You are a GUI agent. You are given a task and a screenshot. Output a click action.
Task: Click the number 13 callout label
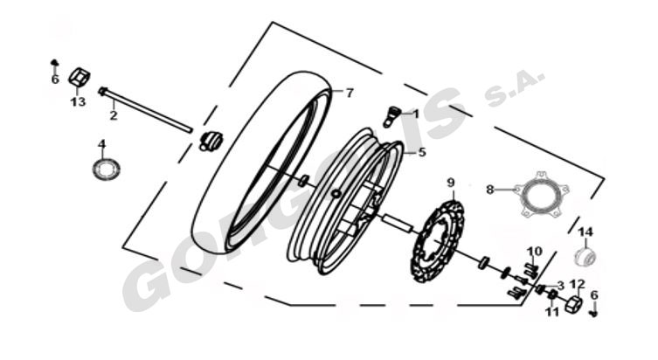(78, 101)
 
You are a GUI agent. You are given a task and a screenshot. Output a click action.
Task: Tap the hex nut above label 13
(80, 77)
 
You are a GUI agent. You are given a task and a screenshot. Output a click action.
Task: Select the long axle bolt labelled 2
(146, 110)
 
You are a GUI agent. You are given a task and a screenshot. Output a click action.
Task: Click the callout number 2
(114, 115)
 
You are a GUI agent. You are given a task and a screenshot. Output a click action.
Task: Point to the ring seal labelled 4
(106, 170)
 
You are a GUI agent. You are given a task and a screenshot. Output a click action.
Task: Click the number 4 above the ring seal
(102, 144)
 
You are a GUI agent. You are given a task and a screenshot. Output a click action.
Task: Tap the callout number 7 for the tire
(350, 93)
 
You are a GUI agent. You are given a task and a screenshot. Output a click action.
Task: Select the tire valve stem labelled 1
(392, 116)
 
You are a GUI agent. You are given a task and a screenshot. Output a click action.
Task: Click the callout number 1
(416, 114)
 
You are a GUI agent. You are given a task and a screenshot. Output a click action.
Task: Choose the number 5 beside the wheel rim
(422, 152)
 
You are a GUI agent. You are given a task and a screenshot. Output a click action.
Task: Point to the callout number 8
(489, 190)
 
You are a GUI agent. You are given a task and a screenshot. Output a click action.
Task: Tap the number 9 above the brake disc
(451, 183)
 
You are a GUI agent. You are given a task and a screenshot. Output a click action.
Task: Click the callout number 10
(535, 252)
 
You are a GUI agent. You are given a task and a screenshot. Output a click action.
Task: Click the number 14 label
(585, 232)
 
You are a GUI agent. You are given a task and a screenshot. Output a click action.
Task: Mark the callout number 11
(552, 312)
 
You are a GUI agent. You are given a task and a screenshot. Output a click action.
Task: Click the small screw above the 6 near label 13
(54, 63)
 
